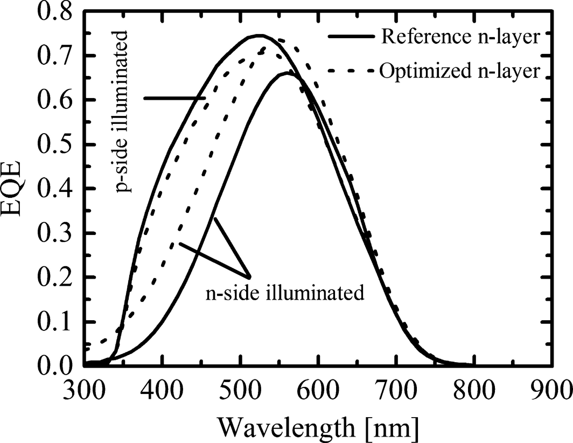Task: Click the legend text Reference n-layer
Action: point(459,37)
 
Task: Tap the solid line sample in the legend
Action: point(350,37)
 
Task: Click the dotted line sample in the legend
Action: point(350,71)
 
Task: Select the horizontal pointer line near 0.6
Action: point(174,98)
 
